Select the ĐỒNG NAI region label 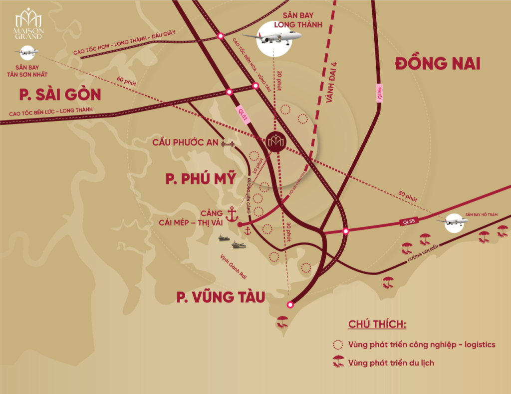(437, 63)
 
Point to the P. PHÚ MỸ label (201, 178)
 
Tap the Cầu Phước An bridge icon (229, 143)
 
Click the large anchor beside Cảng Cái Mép (232, 214)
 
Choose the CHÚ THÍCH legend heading (377, 324)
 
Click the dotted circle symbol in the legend (338, 344)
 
